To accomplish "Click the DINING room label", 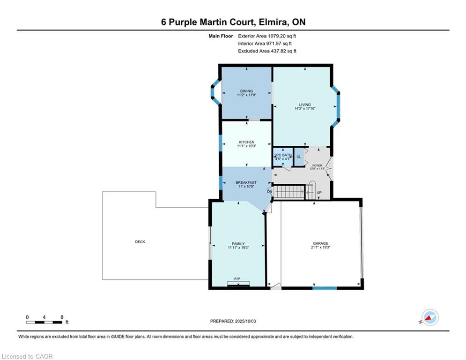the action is [x=246, y=91].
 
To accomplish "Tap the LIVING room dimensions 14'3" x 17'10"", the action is [x=304, y=109].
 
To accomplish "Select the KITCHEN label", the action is [x=246, y=142].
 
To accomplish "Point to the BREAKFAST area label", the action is [x=246, y=183].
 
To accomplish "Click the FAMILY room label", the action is [x=238, y=244].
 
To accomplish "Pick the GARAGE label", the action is [x=320, y=243].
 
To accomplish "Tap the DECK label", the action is [x=140, y=242].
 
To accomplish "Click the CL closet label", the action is [x=299, y=157].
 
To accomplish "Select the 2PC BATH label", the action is [x=283, y=155].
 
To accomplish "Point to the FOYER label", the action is [x=317, y=165].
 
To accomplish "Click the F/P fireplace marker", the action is [x=237, y=279].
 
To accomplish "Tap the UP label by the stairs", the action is [x=319, y=193].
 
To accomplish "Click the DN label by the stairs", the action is [x=270, y=192].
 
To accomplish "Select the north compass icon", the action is [x=430, y=317].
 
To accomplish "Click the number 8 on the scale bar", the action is [x=62, y=317].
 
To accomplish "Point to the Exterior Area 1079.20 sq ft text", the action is [x=267, y=36].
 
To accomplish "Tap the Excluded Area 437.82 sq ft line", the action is [x=267, y=51].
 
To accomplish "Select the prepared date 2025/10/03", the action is [x=245, y=321].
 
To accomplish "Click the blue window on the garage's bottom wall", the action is [x=325, y=288].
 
